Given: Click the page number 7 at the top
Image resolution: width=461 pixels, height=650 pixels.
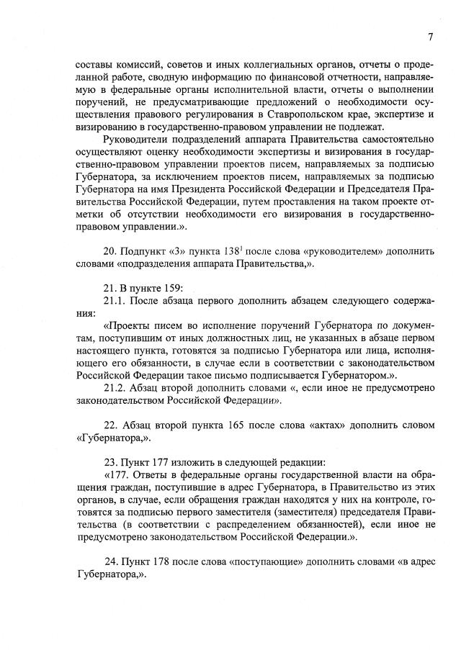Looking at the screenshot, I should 429,37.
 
